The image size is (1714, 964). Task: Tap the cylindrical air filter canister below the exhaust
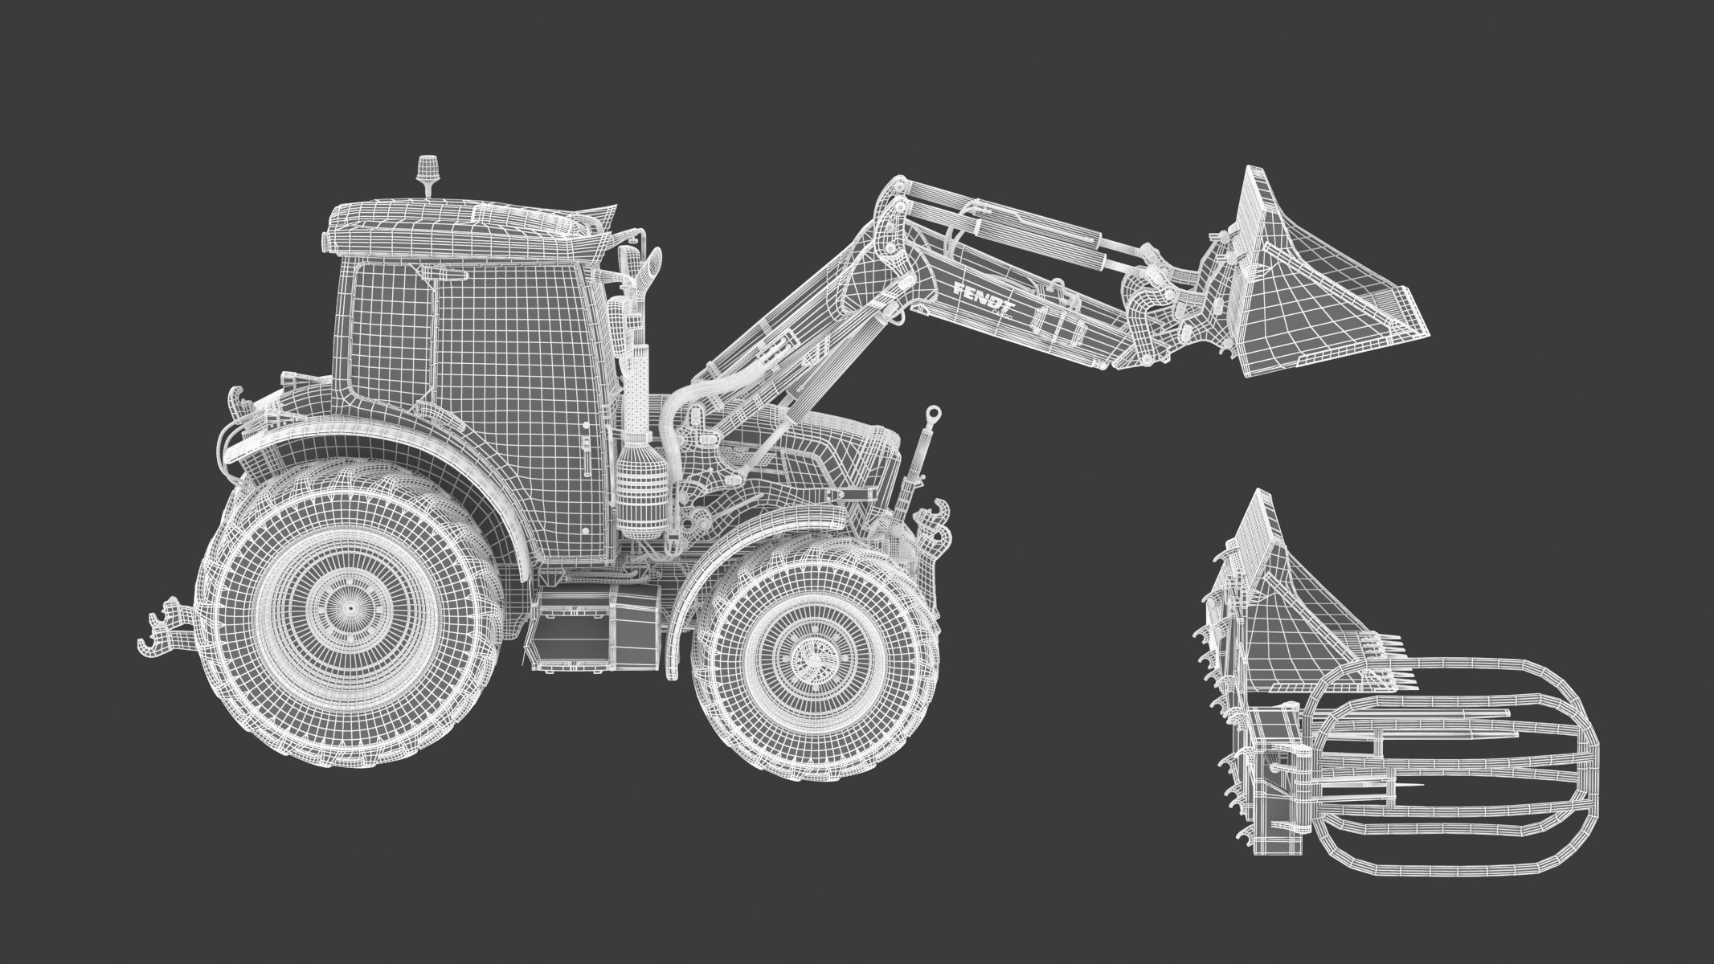[x=640, y=490]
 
